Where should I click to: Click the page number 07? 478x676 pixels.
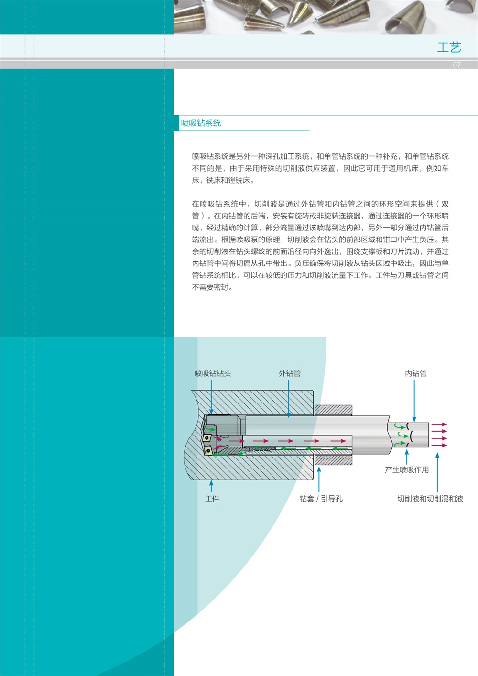click(x=456, y=65)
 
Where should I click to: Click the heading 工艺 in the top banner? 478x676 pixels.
click(x=449, y=47)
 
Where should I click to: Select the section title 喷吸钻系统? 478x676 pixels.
click(x=201, y=123)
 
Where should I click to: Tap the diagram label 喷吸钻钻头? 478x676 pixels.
click(x=213, y=373)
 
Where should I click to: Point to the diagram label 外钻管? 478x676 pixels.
click(x=290, y=373)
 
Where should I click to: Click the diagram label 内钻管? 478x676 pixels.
click(x=416, y=373)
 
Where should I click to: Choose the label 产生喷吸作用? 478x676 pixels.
click(x=407, y=469)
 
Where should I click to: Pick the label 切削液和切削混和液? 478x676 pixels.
click(x=430, y=499)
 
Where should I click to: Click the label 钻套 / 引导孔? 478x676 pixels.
click(x=321, y=499)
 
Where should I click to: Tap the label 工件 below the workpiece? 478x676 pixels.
click(x=212, y=499)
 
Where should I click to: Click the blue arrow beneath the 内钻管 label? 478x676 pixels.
click(x=414, y=401)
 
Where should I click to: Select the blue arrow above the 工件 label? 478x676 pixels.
click(x=211, y=486)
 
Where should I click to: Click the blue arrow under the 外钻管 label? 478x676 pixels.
click(x=289, y=399)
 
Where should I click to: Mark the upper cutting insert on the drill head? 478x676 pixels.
click(x=206, y=437)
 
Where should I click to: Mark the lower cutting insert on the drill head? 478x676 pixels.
click(x=208, y=450)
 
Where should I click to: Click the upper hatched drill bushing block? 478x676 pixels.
click(x=333, y=410)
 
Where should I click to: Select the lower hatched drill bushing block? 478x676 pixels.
click(x=333, y=460)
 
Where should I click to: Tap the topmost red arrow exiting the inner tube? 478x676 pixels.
click(x=439, y=425)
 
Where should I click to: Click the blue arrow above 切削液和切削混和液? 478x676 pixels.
click(x=437, y=473)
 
